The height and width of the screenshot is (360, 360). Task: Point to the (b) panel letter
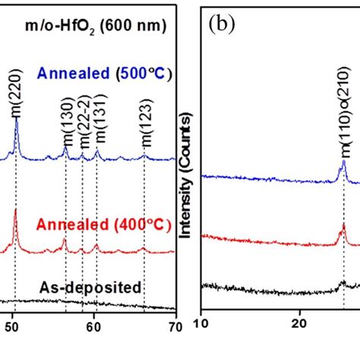[221, 26]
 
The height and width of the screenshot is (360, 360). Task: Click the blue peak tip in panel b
[343, 160]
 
